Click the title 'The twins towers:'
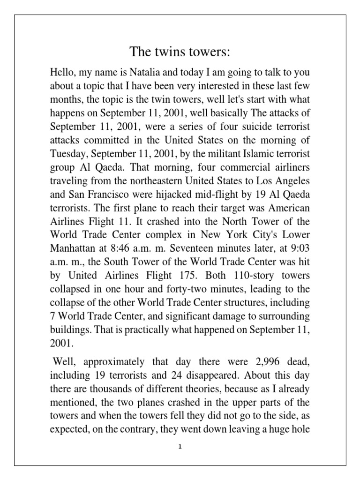[x=180, y=52]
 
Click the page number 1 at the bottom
[x=180, y=447]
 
